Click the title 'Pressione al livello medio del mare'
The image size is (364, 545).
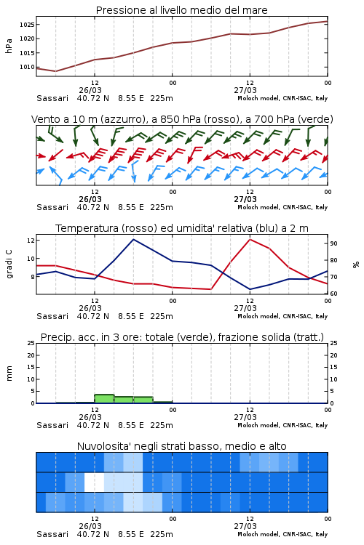tap(181, 10)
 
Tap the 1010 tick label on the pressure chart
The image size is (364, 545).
tap(27, 67)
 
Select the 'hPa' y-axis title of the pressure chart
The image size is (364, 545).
tap(9, 46)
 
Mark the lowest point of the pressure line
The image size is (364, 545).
tap(56, 71)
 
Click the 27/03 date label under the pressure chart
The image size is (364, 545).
tap(245, 90)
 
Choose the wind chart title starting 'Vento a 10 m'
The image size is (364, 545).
tap(182, 119)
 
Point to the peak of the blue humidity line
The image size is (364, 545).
tap(133, 239)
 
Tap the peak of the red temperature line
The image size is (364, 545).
tap(250, 239)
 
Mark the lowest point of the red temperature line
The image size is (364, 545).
tap(211, 289)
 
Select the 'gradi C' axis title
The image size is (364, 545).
tap(9, 264)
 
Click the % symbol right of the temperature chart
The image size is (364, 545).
tap(356, 265)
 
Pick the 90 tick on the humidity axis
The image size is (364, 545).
tap(333, 243)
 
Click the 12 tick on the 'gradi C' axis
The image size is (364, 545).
tap(31, 241)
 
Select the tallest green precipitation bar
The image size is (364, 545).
tap(104, 399)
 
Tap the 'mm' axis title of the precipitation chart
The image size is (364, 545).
tap(9, 374)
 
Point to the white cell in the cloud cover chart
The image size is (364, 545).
tap(94, 482)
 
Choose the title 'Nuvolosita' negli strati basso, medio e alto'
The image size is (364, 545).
tap(181, 446)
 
